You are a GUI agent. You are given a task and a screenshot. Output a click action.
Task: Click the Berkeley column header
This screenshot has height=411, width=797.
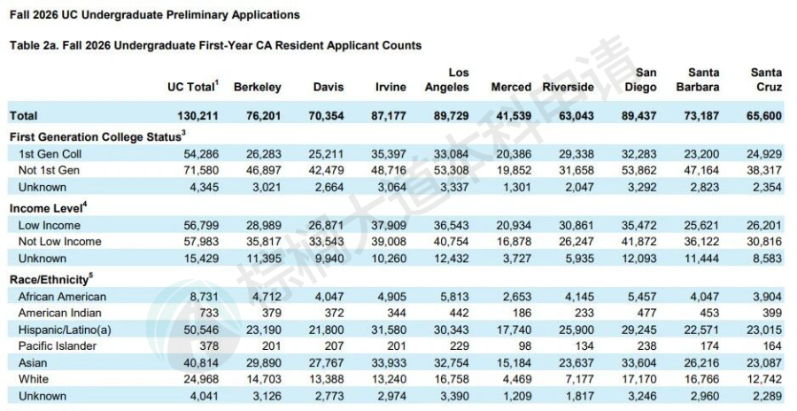[x=258, y=87]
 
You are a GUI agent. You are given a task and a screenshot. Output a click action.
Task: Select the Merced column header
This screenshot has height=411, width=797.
[x=511, y=87]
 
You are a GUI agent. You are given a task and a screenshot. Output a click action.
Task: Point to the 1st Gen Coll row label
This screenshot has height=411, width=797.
[x=49, y=152]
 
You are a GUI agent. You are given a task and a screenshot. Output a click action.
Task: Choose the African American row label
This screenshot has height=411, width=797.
[x=62, y=297]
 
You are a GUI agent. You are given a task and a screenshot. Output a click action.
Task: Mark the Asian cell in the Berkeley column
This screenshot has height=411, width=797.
[x=264, y=362]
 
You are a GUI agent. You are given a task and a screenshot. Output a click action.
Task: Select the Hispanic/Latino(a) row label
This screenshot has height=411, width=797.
[x=69, y=330]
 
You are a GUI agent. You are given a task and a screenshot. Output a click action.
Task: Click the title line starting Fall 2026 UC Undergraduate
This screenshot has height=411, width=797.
[x=154, y=15]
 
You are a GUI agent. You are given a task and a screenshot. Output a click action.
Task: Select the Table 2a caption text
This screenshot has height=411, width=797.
[x=214, y=45]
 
